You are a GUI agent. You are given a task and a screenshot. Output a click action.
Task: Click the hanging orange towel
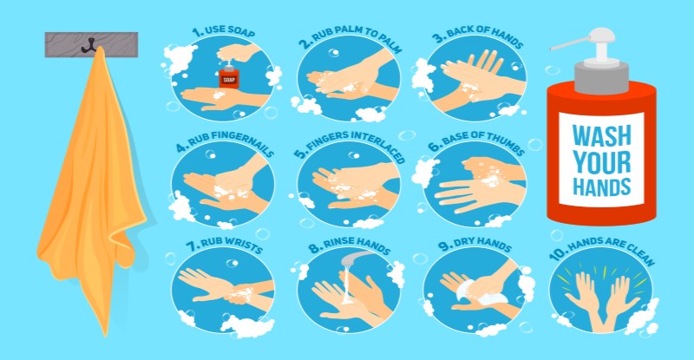[91, 191]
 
